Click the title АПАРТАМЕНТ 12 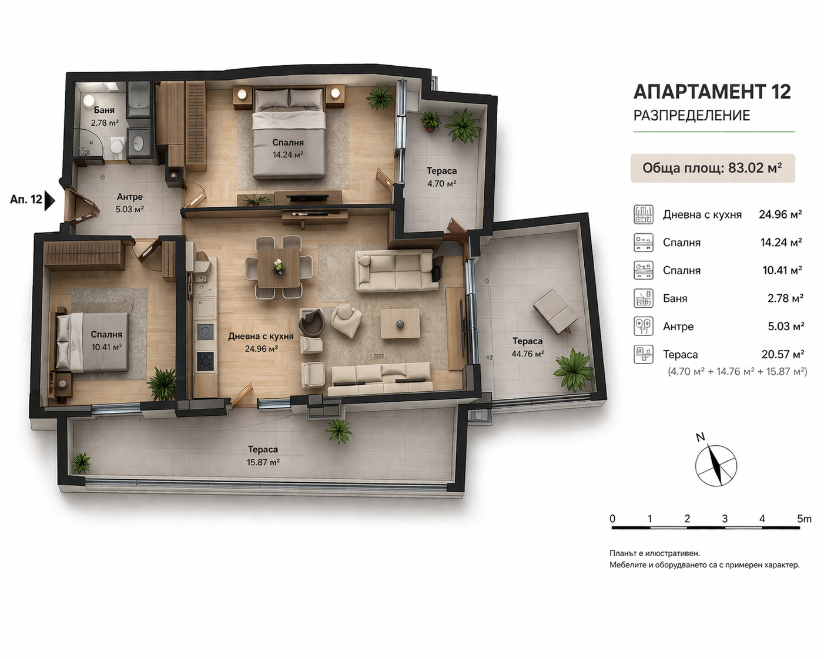pyautogui.click(x=712, y=92)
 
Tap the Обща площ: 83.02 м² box pyautogui.click(x=712, y=168)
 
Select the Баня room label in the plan pyautogui.click(x=104, y=110)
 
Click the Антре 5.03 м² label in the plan pyautogui.click(x=130, y=203)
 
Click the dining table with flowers pyautogui.click(x=279, y=267)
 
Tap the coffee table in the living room pyautogui.click(x=400, y=324)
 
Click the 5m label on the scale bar pyautogui.click(x=804, y=519)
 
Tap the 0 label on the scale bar pyautogui.click(x=612, y=519)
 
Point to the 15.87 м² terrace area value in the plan pyautogui.click(x=263, y=462)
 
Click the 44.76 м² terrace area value pyautogui.click(x=528, y=354)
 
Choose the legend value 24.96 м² pyautogui.click(x=781, y=214)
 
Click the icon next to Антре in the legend pyautogui.click(x=643, y=327)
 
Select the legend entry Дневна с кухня pyautogui.click(x=702, y=215)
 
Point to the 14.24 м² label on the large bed pyautogui.click(x=288, y=155)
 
